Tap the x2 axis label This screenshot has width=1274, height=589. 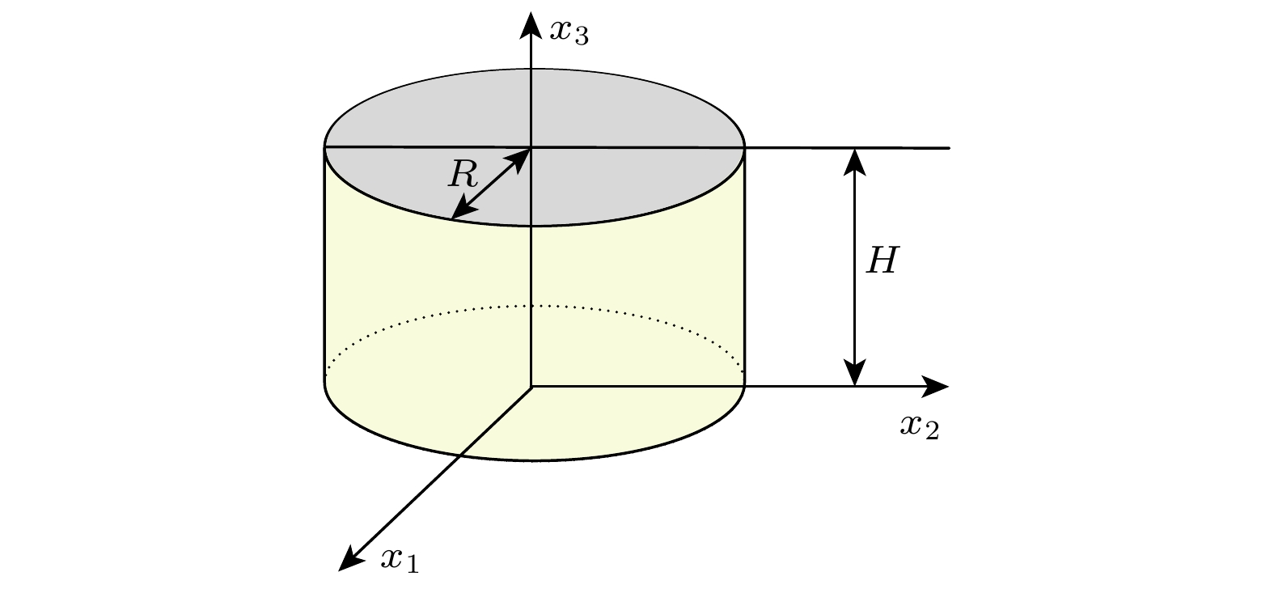point(920,427)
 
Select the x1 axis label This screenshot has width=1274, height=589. point(400,561)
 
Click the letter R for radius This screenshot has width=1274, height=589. point(463,174)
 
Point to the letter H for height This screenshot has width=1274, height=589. point(882,261)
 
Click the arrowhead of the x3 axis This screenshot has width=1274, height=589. point(531,25)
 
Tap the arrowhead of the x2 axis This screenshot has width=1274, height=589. point(935,387)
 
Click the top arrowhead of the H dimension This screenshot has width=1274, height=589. point(855,162)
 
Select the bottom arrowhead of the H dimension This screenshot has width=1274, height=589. point(855,373)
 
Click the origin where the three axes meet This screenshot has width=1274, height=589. point(531,387)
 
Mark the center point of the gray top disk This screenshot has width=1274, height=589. point(531,148)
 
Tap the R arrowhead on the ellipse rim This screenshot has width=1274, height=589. point(463,208)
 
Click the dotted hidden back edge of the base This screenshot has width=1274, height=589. point(535,306)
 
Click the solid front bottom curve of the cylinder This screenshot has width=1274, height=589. point(535,460)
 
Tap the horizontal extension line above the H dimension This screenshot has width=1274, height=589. point(848,148)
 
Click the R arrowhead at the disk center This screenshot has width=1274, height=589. point(518,160)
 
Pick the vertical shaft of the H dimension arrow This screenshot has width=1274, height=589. point(855,268)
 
